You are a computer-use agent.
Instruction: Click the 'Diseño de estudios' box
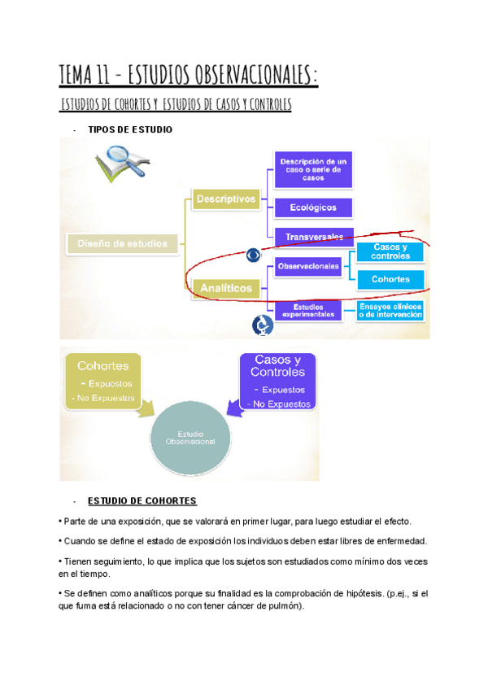point(122,242)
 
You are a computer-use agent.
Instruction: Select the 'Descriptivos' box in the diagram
point(226,199)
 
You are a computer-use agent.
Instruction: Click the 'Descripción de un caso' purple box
point(313,169)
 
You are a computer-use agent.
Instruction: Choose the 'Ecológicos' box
point(313,207)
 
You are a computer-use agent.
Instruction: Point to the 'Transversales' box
point(313,237)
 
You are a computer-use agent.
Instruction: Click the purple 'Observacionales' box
point(308,266)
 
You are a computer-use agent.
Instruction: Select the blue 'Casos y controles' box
point(390,251)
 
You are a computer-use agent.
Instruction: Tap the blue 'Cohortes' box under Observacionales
point(390,279)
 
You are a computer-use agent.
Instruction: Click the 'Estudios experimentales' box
point(308,310)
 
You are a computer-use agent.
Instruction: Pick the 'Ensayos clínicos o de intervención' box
point(390,310)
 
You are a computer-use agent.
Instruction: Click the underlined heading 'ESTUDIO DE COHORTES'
point(142,500)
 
